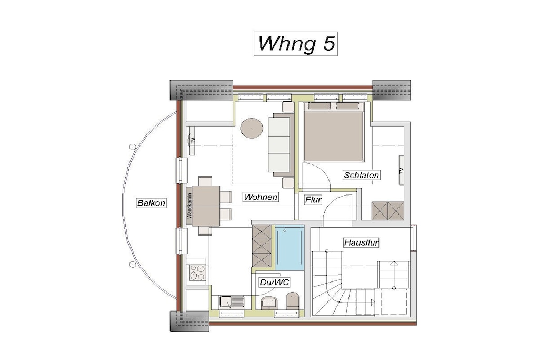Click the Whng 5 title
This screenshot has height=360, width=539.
tap(296, 43)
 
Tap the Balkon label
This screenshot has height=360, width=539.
tap(151, 203)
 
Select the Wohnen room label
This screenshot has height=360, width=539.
tap(261, 197)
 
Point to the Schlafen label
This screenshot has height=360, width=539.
tap(361, 175)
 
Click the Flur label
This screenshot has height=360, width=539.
tap(313, 200)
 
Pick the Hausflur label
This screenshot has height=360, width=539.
tap(361, 242)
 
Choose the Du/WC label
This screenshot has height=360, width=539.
tap(274, 283)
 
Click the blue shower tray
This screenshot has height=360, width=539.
tap(290, 247)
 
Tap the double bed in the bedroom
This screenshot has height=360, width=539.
tap(333, 132)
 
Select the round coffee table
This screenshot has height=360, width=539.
tap(252, 129)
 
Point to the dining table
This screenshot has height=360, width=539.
tap(206, 206)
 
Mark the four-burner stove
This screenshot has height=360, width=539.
tap(197, 272)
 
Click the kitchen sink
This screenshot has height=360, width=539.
tap(232, 302)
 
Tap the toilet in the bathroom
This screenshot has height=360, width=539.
tap(293, 300)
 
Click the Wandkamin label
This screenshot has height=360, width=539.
tap(189, 206)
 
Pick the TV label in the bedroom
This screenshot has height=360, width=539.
tap(401, 170)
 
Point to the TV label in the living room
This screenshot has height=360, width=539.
tap(192, 140)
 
